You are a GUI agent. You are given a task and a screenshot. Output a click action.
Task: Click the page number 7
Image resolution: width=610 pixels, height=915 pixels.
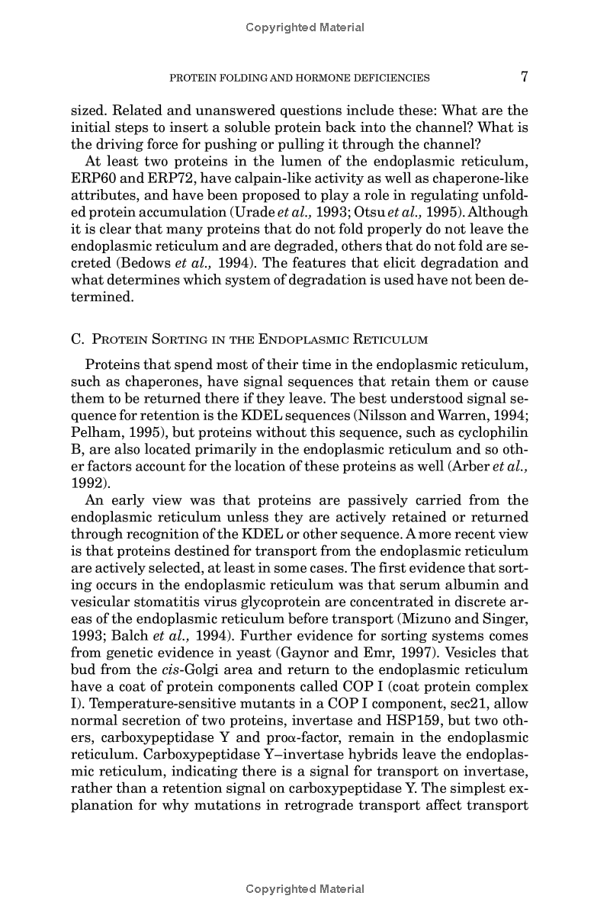(x=524, y=76)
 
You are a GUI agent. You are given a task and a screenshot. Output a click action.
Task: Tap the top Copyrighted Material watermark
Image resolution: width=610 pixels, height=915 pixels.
(x=305, y=27)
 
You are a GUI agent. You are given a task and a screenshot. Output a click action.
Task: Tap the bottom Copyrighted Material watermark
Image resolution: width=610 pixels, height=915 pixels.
(x=305, y=889)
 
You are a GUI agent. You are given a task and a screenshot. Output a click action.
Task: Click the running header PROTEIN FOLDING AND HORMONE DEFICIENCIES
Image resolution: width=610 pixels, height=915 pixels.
(x=299, y=78)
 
